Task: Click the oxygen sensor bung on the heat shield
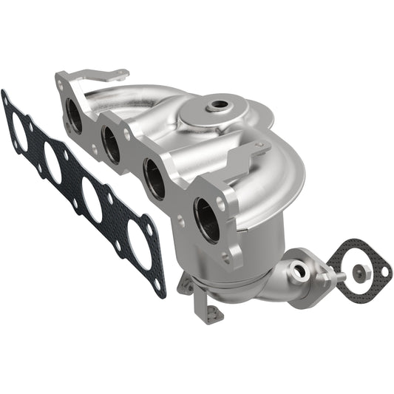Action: (217, 106)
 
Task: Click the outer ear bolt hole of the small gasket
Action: (384, 272)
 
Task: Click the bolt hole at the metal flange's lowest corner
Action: (234, 258)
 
